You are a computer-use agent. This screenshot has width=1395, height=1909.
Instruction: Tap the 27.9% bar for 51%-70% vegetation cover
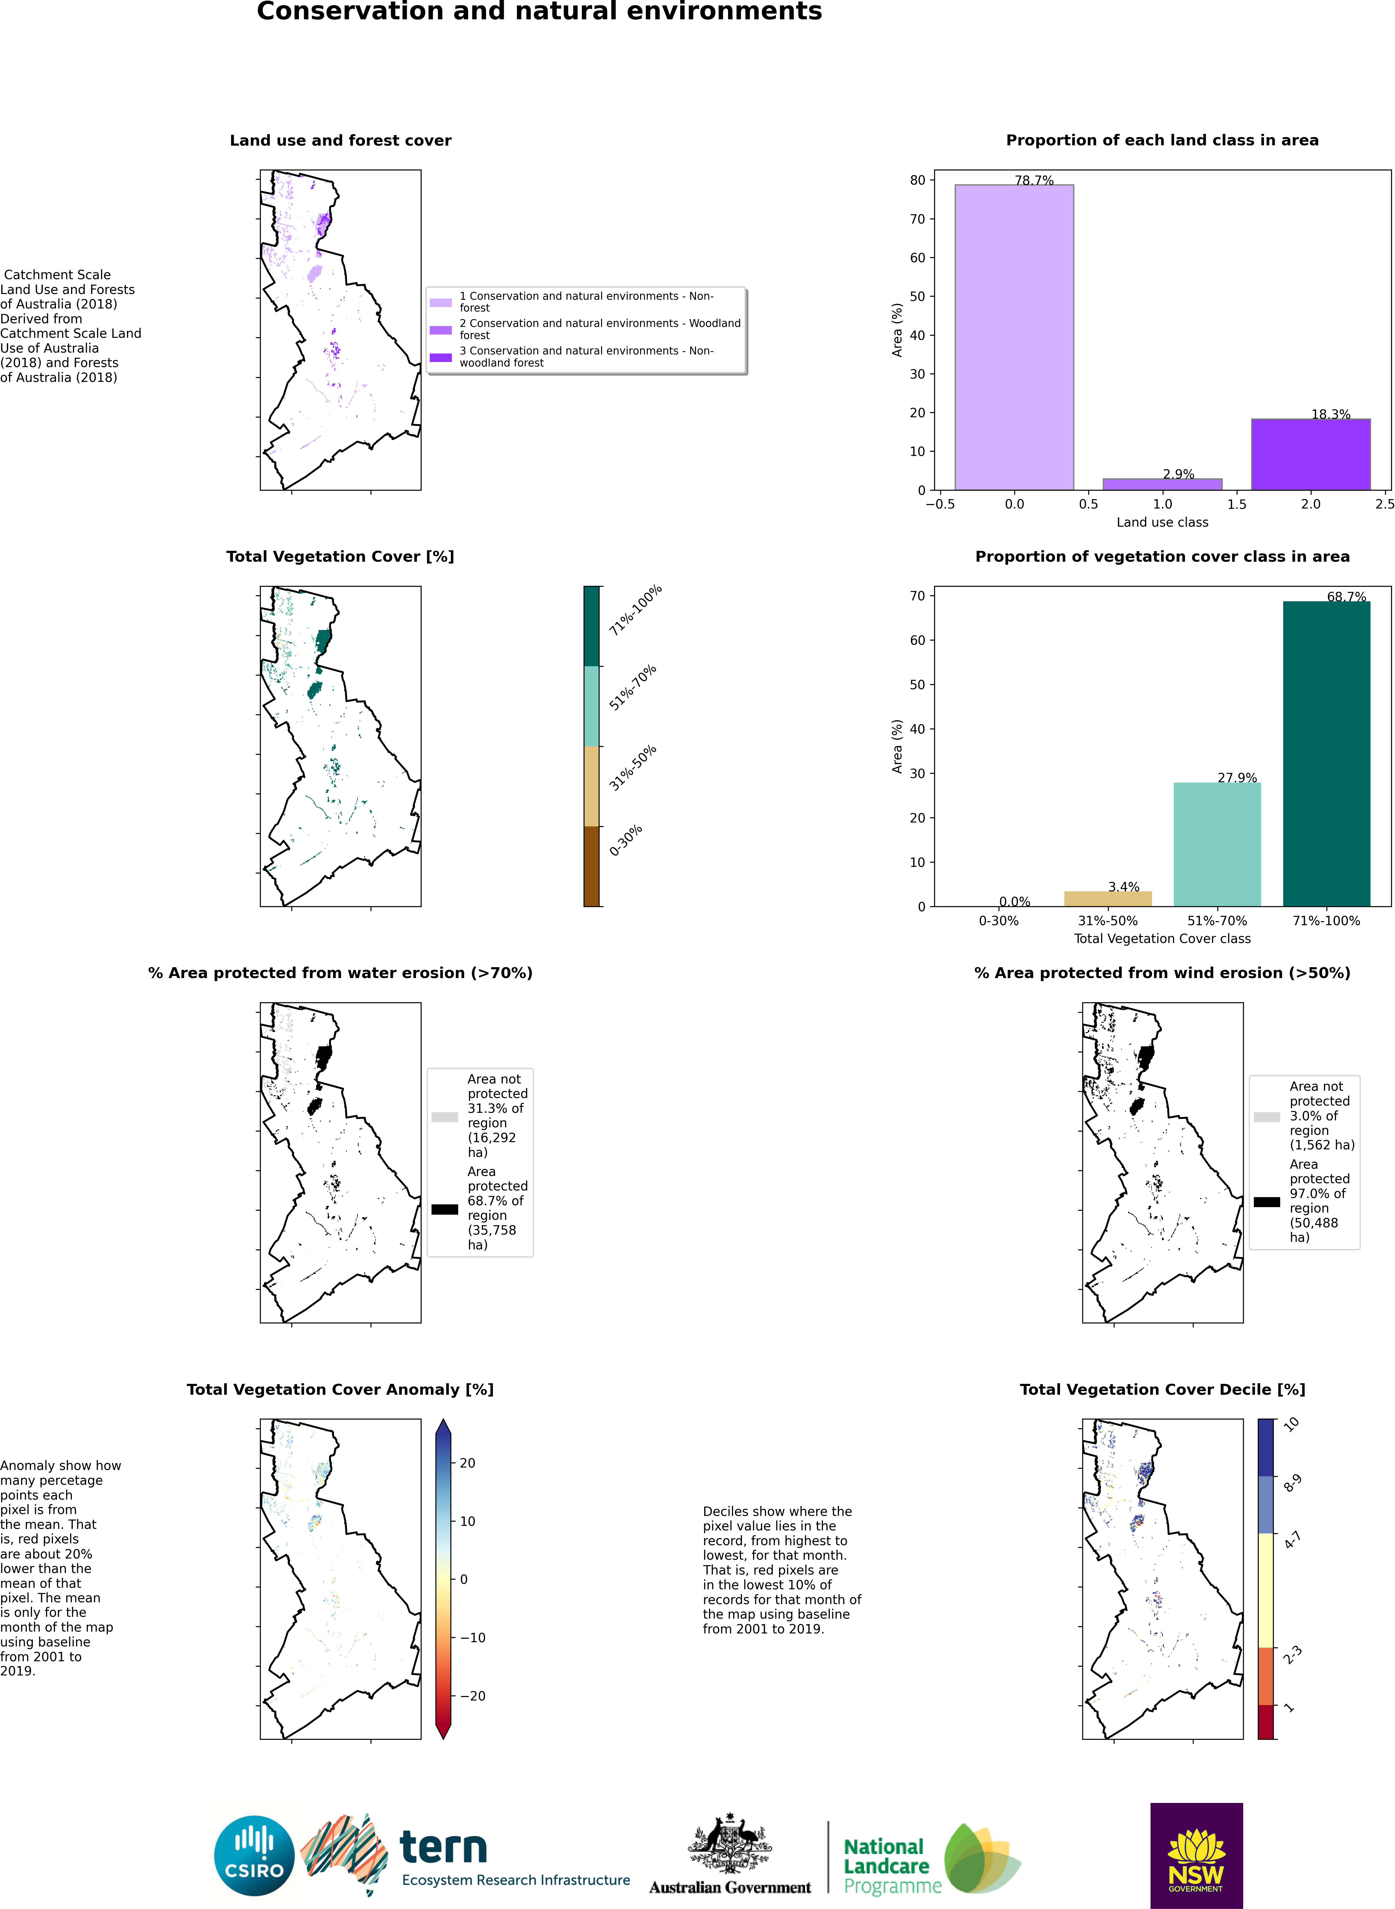pos(1217,844)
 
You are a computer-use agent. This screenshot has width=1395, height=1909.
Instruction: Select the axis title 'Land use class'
pos(1162,523)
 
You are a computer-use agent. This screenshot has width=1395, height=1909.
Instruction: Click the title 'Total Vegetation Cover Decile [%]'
pos(1162,1390)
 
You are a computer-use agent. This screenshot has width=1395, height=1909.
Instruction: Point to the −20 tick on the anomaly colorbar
pos(473,1695)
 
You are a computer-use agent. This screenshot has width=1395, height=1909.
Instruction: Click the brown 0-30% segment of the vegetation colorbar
pos(591,866)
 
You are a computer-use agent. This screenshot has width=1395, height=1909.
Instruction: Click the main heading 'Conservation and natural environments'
pos(539,12)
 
